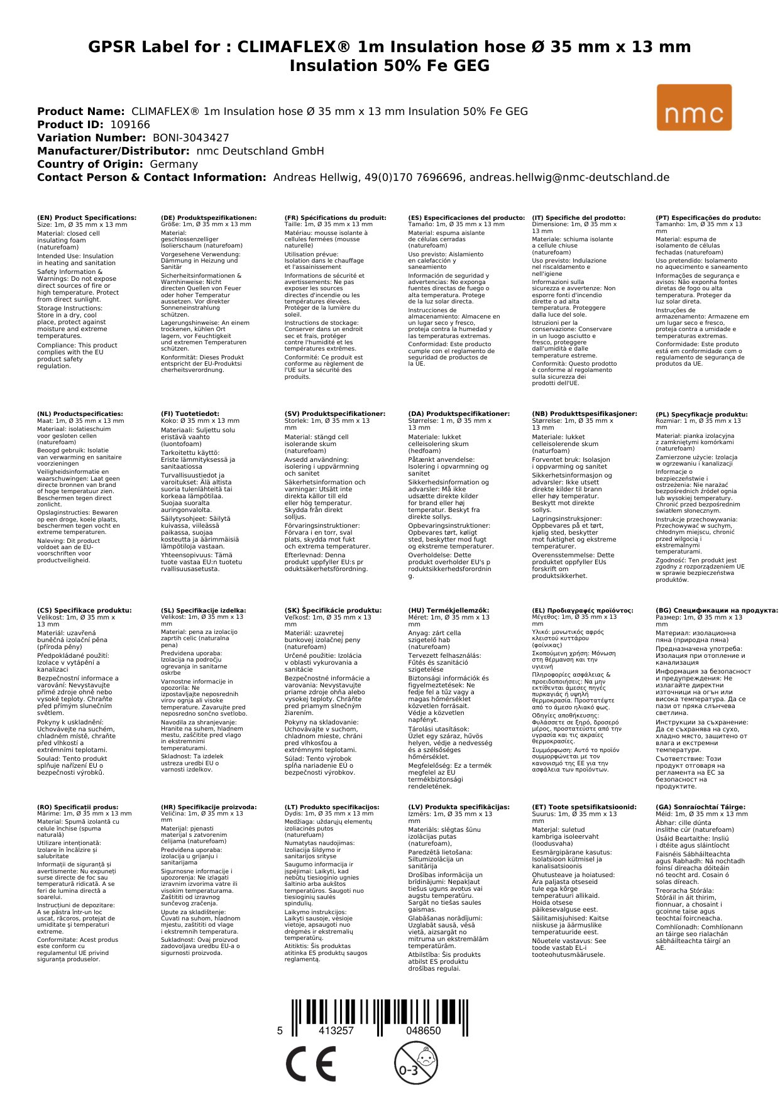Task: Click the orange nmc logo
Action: click(x=694, y=107)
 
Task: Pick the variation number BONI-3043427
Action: click(x=190, y=138)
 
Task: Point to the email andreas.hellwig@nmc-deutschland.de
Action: click(x=569, y=177)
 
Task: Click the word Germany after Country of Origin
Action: click(x=173, y=164)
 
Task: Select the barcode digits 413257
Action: click(x=336, y=1030)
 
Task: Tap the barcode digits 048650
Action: click(x=423, y=1030)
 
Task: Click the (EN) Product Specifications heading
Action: click(x=87, y=217)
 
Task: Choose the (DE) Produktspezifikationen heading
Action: click(x=209, y=217)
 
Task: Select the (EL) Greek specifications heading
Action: click(x=583, y=610)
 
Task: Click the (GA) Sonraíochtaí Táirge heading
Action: click(x=700, y=807)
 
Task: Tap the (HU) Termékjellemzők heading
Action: click(x=448, y=610)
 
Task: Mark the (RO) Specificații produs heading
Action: click(x=77, y=807)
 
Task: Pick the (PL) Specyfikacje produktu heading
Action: click(x=701, y=414)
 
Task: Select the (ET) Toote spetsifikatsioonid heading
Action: click(x=584, y=807)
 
